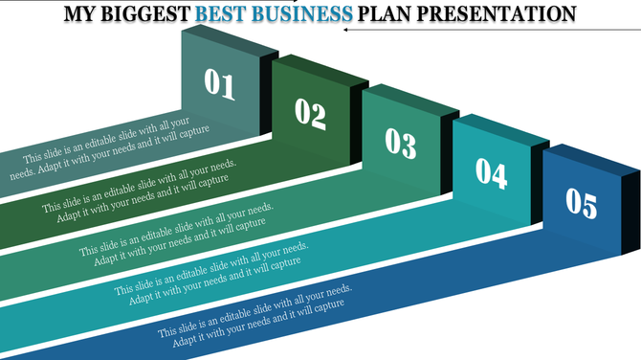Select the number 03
[x=400, y=143]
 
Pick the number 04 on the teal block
[x=491, y=172]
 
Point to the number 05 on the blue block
[x=581, y=203]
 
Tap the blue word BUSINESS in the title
[x=304, y=14]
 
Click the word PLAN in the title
[x=385, y=14]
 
